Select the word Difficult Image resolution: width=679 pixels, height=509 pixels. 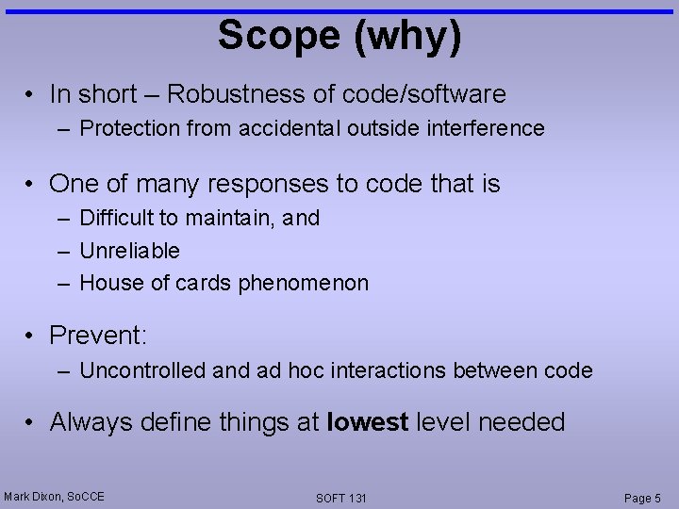(117, 218)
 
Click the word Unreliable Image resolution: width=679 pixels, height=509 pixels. (129, 251)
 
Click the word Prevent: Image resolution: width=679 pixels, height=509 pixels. (99, 336)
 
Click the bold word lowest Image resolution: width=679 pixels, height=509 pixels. (367, 422)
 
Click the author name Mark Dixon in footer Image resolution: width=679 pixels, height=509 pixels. (33, 496)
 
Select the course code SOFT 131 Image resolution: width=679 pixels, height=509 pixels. (341, 498)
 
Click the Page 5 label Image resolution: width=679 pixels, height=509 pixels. (642, 498)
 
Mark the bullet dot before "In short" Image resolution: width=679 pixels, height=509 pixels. (32, 95)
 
